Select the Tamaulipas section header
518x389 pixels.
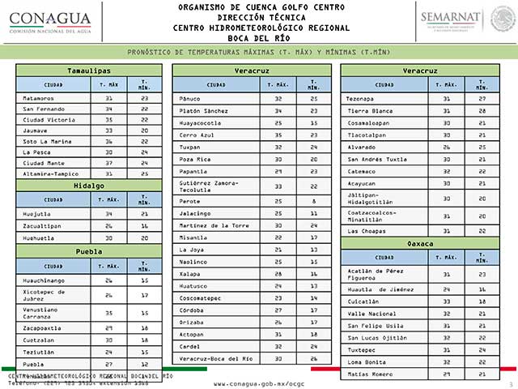click(89, 71)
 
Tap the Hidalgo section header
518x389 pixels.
click(89, 186)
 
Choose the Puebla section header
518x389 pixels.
click(89, 252)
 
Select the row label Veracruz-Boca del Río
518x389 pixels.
click(216, 357)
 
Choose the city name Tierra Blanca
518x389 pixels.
click(369, 110)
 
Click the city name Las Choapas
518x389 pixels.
click(366, 231)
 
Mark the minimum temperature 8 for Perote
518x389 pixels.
click(312, 200)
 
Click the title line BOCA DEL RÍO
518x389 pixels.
click(258, 36)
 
